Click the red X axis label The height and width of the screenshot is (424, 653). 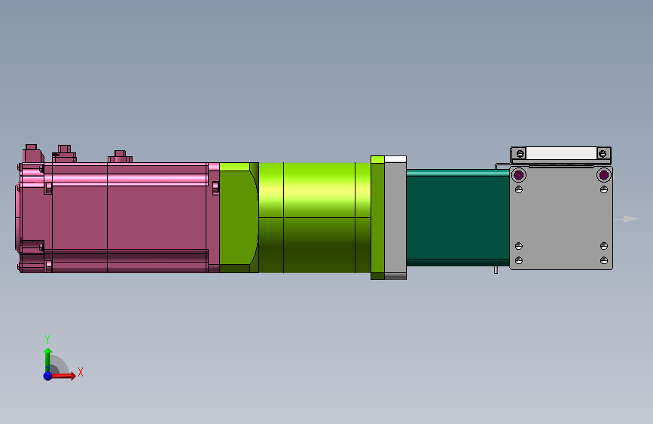coord(80,372)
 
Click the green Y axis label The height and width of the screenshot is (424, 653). coord(47,339)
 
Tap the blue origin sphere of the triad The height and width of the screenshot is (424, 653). coord(47,375)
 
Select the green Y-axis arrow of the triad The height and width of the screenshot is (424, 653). coord(47,356)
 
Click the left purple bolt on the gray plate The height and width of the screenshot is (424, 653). coord(518,176)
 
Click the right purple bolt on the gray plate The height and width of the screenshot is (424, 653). coord(603,176)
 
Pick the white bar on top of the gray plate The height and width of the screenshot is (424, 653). coord(561,153)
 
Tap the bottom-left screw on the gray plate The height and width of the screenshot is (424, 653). coord(518,260)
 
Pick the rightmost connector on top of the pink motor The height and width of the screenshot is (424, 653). coord(118,156)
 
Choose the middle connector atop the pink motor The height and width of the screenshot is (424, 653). coord(64,152)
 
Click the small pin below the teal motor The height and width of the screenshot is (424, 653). coord(496,269)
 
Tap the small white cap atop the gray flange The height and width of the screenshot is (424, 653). coord(395,159)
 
